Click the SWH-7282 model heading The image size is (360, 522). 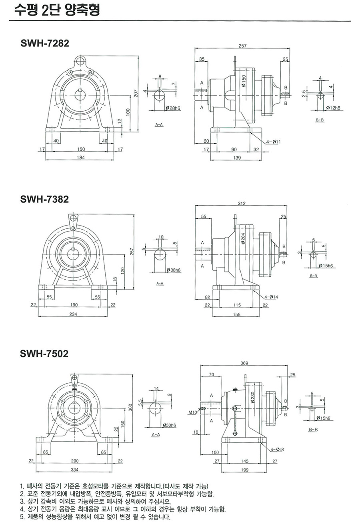pyautogui.click(x=44, y=44)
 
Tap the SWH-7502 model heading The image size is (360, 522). pyautogui.click(x=44, y=354)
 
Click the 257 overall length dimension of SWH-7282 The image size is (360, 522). pyautogui.click(x=242, y=46)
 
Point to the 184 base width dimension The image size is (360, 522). pyautogui.click(x=81, y=157)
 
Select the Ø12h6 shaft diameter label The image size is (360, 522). pyautogui.click(x=332, y=108)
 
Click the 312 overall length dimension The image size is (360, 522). pyautogui.click(x=241, y=204)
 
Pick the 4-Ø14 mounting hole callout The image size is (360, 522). pyautogui.click(x=271, y=297)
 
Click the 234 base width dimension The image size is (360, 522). pyautogui.click(x=74, y=314)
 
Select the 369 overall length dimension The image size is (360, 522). pyautogui.click(x=245, y=363)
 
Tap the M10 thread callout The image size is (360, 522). pyautogui.click(x=192, y=412)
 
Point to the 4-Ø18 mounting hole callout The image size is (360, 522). pyautogui.click(x=277, y=450)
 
